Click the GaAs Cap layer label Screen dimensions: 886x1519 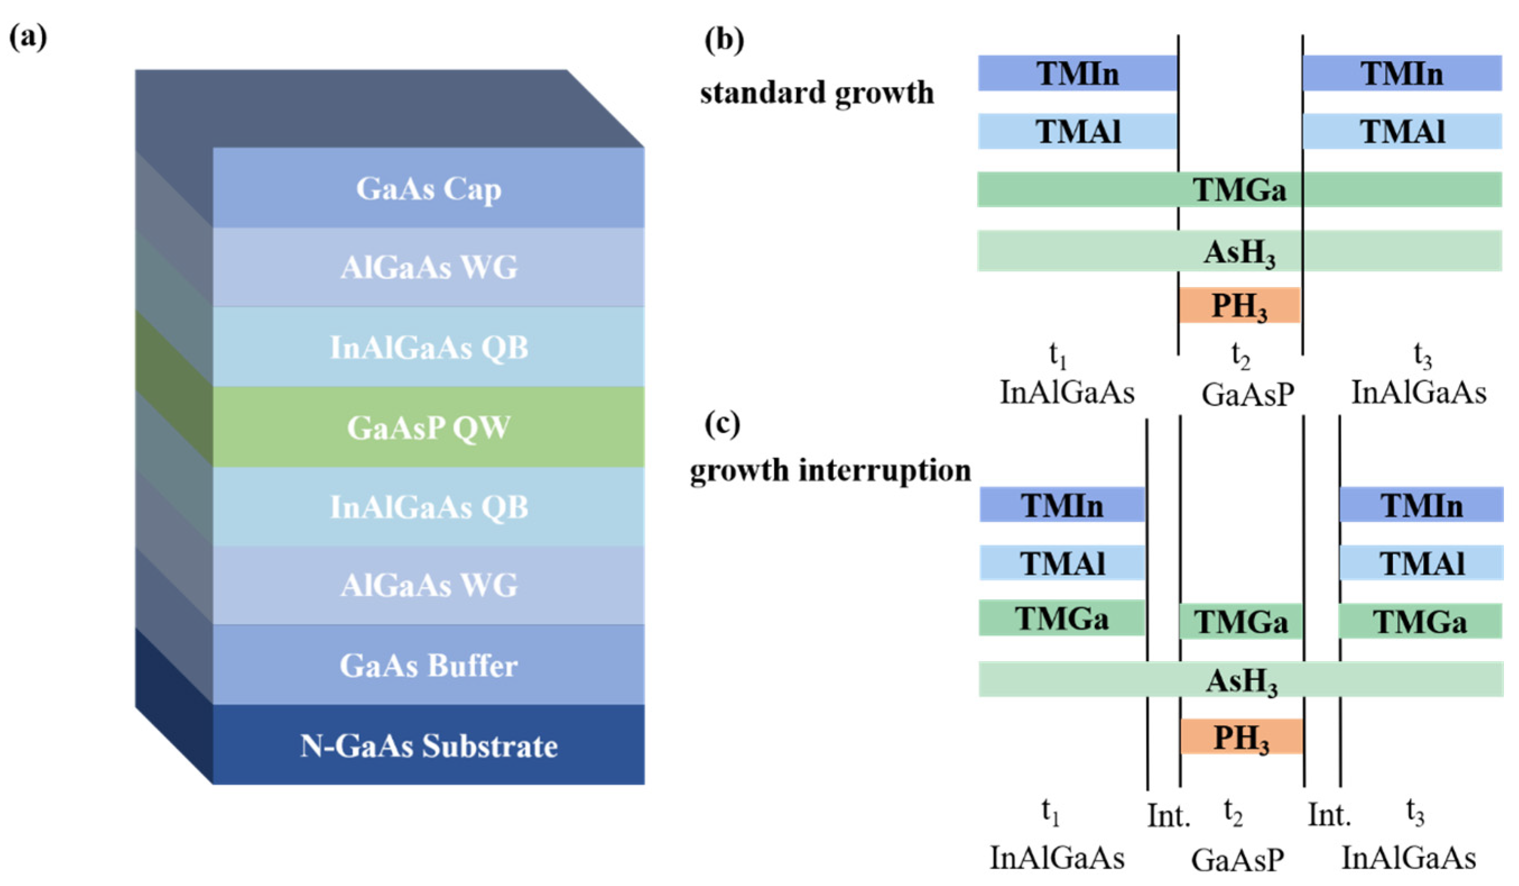pos(428,189)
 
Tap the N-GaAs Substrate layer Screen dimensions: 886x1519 pos(428,746)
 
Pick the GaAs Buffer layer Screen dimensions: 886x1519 pos(428,666)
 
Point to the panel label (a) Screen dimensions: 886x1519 pos(27,38)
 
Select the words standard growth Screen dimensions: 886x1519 pos(817,93)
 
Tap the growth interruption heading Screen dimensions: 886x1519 pos(830,470)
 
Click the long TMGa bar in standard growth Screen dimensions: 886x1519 pos(1239,190)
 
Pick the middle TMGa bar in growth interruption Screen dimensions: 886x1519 pos(1241,622)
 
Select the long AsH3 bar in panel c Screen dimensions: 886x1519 pos(1241,680)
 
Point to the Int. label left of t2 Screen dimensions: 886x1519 pos(1168,816)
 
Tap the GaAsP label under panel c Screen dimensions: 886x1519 pos(1238,860)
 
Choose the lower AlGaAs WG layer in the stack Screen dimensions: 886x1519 pos(428,585)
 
